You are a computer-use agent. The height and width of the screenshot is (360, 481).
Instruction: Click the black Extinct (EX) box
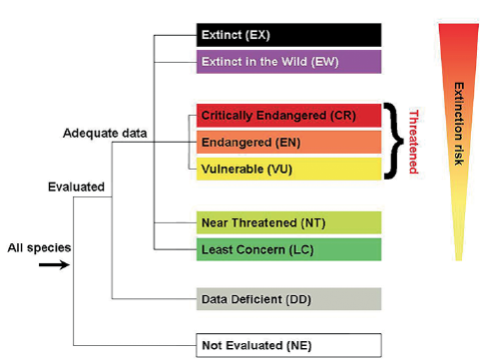(287, 35)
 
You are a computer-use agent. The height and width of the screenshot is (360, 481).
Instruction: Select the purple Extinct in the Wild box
(287, 62)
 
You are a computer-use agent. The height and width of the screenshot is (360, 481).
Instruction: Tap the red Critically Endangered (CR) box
(287, 116)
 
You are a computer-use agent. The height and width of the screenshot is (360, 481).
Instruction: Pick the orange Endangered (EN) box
(287, 143)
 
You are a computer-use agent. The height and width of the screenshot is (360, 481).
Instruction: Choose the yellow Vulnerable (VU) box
(287, 169)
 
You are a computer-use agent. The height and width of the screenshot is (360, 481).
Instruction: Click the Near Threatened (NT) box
(287, 221)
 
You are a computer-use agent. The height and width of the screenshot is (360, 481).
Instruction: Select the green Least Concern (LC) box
(287, 248)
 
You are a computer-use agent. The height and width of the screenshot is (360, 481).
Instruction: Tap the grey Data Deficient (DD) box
(287, 299)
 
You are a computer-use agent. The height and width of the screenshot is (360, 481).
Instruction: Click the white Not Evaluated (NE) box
(287, 344)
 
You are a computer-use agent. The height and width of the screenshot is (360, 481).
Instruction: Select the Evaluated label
(76, 186)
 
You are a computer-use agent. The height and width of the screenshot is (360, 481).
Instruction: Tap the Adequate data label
(104, 133)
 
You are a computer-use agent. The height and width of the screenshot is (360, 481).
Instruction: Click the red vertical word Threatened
(412, 143)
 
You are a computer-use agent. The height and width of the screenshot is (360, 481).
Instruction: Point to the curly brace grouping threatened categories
(394, 143)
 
